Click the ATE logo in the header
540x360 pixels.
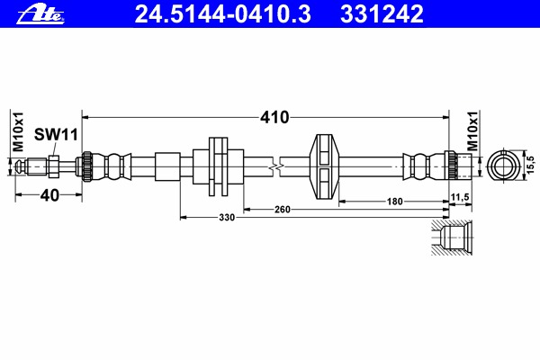40,15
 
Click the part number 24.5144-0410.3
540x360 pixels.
223,14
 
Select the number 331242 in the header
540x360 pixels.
382,14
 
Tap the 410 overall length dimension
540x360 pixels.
274,118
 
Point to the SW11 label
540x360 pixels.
56,135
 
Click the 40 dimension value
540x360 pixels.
49,195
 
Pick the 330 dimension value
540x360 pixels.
227,218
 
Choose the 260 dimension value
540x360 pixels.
283,210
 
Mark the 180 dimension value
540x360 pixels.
395,202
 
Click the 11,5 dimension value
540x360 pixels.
460,197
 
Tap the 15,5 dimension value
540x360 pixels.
531,165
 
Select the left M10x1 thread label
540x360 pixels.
18,131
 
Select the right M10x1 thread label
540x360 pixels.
472,130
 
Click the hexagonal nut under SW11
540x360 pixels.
53,166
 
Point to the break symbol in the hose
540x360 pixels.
276,166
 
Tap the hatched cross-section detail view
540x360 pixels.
452,238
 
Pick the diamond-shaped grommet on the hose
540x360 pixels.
324,166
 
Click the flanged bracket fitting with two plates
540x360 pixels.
219,166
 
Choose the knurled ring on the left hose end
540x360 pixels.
86,166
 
